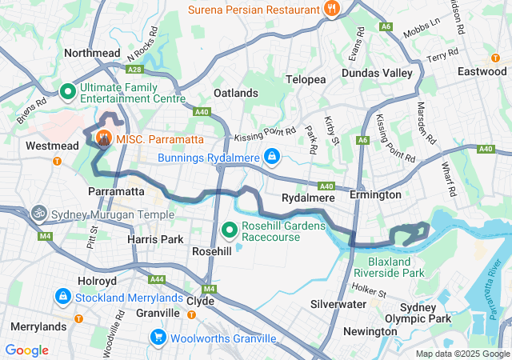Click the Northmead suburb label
pyautogui.click(x=91, y=52)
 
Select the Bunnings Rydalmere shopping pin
pyautogui.click(x=272, y=155)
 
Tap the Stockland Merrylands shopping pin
pyautogui.click(x=62, y=298)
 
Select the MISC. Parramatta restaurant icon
pyautogui.click(x=104, y=139)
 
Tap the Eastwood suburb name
pyautogui.click(x=482, y=71)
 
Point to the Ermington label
pyautogui.click(x=375, y=195)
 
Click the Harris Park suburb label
pyautogui.click(x=155, y=239)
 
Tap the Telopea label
pyautogui.click(x=306, y=80)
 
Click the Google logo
pyautogui.click(x=27, y=350)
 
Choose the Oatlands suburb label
pyautogui.click(x=236, y=93)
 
